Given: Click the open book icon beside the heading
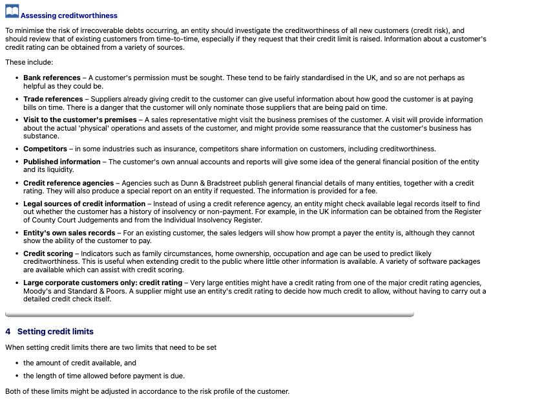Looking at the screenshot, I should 12,13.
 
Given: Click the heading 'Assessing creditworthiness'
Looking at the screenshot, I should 69,16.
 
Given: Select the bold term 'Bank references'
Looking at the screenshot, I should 52,78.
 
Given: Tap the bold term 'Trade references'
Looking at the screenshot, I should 53,99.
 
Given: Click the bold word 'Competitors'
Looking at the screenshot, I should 45,149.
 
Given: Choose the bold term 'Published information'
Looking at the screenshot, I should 62,162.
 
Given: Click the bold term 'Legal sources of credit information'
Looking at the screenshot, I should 85,204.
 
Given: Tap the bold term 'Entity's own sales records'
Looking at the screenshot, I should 69,232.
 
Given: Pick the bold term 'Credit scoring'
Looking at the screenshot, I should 49,253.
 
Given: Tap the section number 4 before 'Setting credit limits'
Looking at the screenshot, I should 8,332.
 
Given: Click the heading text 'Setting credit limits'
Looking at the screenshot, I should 56,332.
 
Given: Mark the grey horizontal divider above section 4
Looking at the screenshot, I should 209,315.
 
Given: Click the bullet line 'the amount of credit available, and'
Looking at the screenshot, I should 79,363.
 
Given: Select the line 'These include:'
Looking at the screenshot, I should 29,62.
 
